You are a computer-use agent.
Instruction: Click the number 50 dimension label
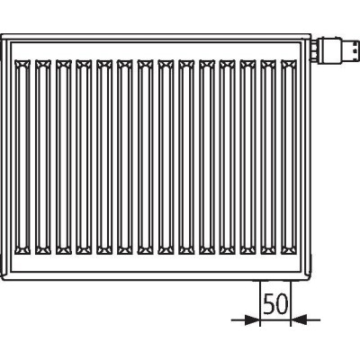pos(275,303)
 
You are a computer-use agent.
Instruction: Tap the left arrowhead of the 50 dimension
pos(252,319)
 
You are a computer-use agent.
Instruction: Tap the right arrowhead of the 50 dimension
pos(298,319)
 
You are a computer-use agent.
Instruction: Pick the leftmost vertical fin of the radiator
pos(22,157)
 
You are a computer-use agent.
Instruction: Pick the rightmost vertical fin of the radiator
pos(289,157)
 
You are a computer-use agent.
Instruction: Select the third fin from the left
pos(64,157)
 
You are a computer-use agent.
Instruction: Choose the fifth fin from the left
pos(104,157)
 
